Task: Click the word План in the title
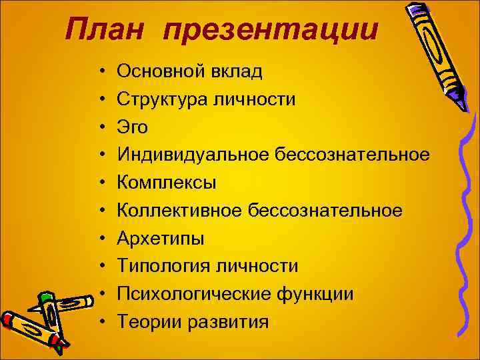(107, 30)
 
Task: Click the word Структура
(163, 98)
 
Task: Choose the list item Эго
(133, 127)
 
